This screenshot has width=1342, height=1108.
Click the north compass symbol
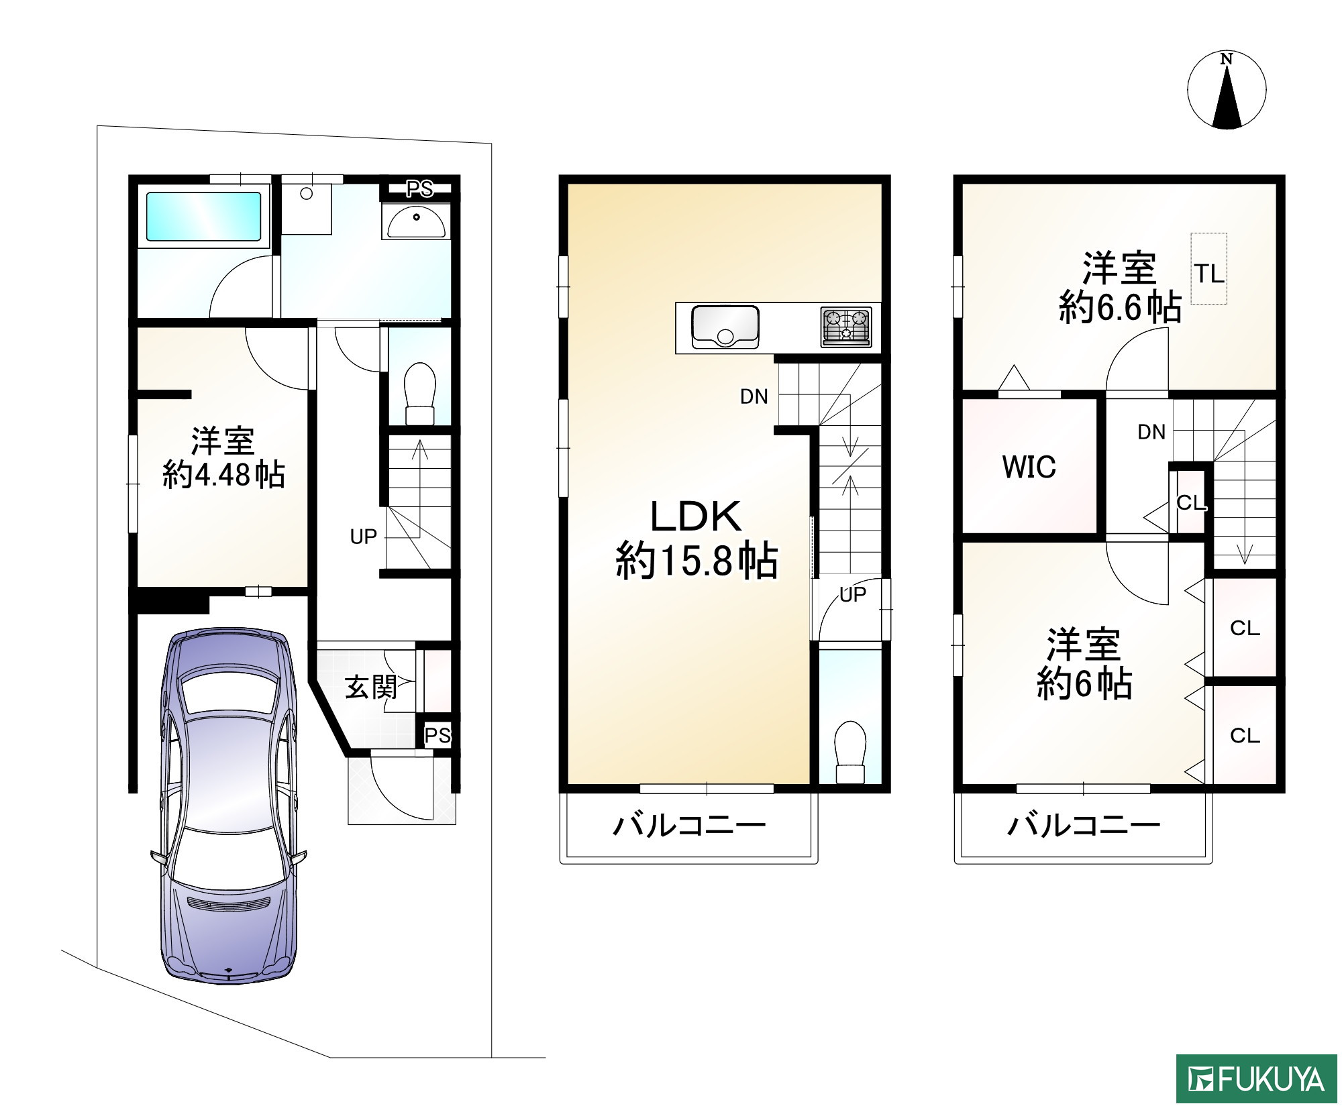point(1227,90)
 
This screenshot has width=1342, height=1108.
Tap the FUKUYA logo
point(1256,1080)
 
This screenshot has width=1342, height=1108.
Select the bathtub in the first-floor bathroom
point(203,217)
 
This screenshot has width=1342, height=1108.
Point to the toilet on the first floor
point(420,394)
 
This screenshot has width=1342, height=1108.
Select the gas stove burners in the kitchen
point(845,327)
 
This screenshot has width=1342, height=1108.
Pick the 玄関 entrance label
point(370,687)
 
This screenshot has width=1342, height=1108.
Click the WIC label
point(1029,467)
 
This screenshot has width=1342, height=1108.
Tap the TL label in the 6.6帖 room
point(1208,274)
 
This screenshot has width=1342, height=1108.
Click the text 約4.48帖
point(223,475)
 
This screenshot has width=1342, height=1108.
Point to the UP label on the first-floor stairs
point(363,537)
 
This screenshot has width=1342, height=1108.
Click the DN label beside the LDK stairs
point(754,397)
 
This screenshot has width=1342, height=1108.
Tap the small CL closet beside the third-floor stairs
point(1191,502)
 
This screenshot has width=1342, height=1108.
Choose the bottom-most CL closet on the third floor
point(1244,736)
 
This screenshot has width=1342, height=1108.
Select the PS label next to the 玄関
point(437,736)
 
